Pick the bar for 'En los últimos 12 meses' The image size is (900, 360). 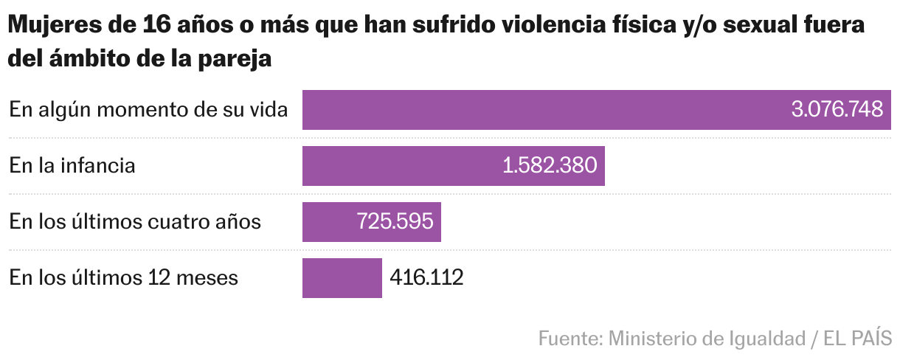(x=342, y=278)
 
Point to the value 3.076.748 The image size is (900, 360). (x=837, y=110)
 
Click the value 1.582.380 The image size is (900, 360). (x=550, y=166)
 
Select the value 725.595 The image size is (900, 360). (x=395, y=222)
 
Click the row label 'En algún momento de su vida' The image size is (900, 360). (x=148, y=110)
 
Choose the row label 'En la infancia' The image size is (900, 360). (x=72, y=166)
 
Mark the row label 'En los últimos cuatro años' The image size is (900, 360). (x=135, y=222)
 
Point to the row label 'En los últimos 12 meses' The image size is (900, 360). (x=124, y=278)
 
